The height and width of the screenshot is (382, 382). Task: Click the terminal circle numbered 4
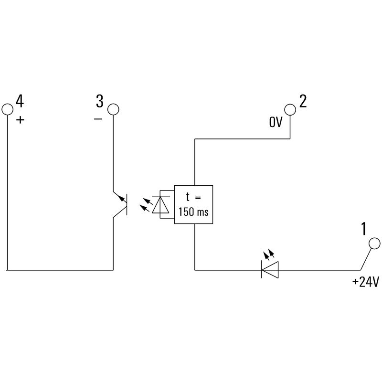(8, 109)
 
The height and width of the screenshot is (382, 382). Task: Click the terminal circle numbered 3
(113, 109)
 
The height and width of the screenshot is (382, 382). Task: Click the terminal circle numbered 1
(375, 244)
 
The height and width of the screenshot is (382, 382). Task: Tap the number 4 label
(20, 101)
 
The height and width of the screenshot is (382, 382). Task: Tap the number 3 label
(99, 101)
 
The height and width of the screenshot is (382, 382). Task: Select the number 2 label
(303, 101)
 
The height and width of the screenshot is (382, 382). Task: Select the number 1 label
(364, 230)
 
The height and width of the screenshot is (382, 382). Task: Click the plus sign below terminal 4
(20, 119)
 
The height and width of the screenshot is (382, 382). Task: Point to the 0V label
(276, 123)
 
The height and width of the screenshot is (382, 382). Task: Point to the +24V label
(365, 282)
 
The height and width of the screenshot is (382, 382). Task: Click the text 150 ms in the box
(193, 212)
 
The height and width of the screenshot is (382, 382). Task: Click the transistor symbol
(121, 204)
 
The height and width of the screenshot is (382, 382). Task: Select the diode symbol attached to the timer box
(160, 204)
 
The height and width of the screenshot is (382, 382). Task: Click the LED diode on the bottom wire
(270, 270)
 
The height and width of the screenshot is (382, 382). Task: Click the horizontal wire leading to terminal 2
(243, 139)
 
